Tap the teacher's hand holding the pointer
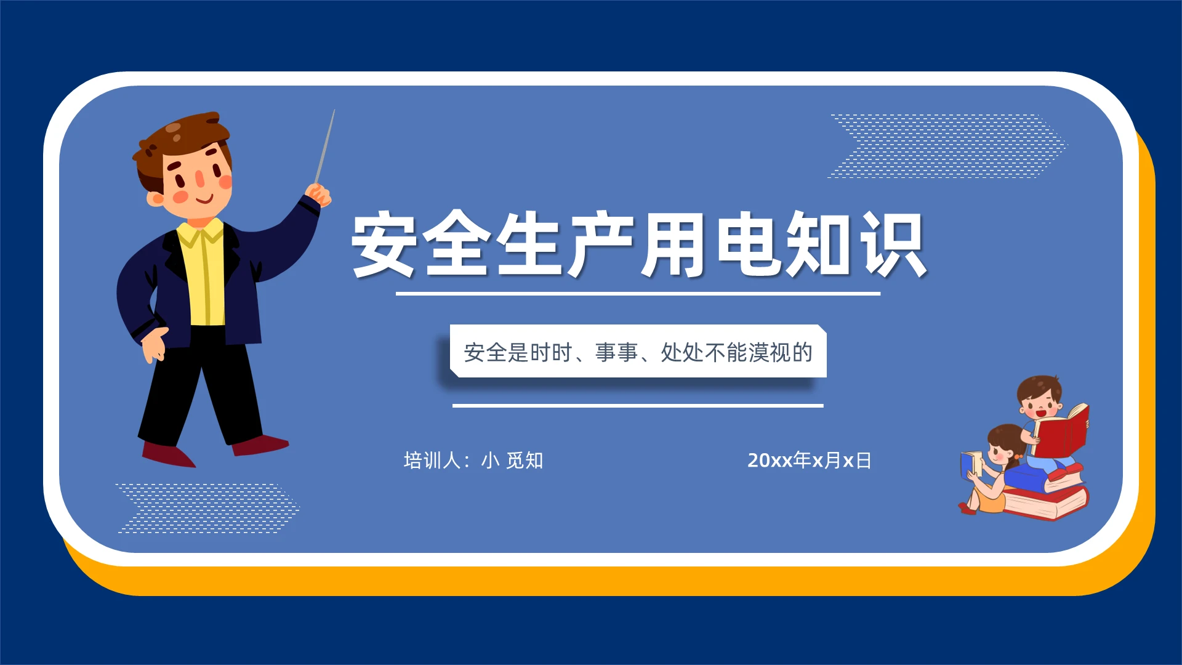(319, 195)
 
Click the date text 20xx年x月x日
(809, 461)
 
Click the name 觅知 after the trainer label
(524, 461)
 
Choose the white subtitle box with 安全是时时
(638, 352)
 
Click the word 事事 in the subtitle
(616, 353)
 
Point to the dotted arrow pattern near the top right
(948, 146)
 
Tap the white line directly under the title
(638, 294)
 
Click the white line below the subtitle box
(638, 406)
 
